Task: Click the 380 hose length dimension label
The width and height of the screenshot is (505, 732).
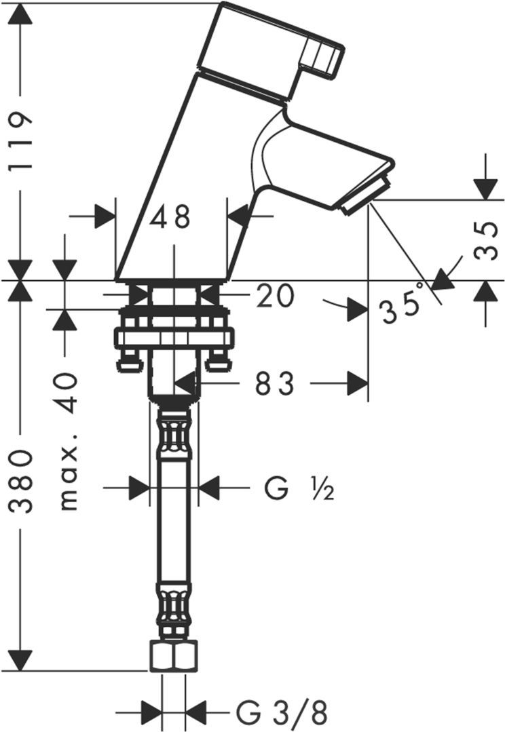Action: tap(21, 482)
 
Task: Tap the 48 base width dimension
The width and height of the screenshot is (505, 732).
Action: tap(170, 217)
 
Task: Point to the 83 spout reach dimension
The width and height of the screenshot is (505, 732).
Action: tap(275, 383)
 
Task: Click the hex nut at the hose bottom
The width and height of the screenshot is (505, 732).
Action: tap(174, 656)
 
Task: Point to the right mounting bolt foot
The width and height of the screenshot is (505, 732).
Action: tap(219, 361)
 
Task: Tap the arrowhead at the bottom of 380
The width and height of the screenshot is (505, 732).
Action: tap(21, 660)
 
